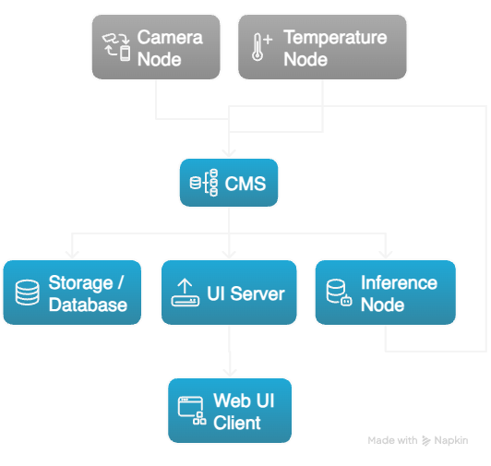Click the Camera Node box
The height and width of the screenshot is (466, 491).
point(157,47)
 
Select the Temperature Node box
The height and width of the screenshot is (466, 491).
point(322,47)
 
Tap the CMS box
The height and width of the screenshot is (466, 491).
point(228,183)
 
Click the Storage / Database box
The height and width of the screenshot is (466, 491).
point(72,293)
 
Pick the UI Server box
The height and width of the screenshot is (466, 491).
point(229,293)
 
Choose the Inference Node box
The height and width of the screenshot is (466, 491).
point(385,293)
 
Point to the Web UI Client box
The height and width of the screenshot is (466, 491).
point(229,411)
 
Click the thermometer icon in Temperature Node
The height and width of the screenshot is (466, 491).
point(262,47)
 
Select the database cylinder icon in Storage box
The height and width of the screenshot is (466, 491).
point(28,293)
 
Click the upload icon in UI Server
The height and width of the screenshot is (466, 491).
point(185,293)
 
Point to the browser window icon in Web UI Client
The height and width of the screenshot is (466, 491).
point(191,411)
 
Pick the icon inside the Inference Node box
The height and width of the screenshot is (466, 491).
point(339,293)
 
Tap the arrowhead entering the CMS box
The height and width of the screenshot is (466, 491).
point(228,156)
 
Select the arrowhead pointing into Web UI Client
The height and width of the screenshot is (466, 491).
point(229,372)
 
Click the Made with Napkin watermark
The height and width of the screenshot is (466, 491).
point(417,441)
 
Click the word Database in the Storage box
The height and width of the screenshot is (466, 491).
point(88,305)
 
